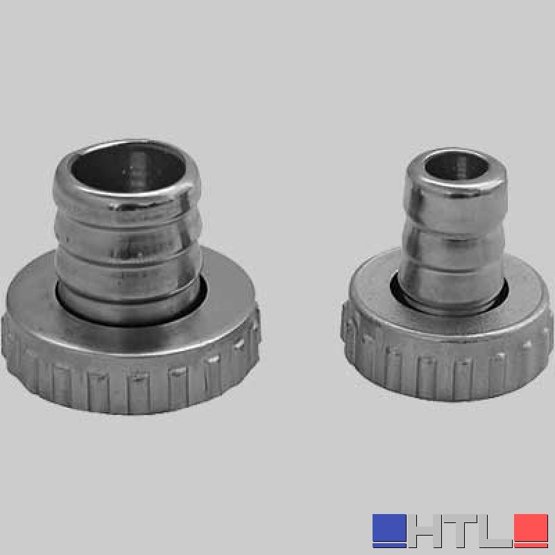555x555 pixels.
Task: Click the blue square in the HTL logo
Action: (389, 530)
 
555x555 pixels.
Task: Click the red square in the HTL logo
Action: (531, 530)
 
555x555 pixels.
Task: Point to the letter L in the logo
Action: (495, 531)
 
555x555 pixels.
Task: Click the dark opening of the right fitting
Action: (456, 166)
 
